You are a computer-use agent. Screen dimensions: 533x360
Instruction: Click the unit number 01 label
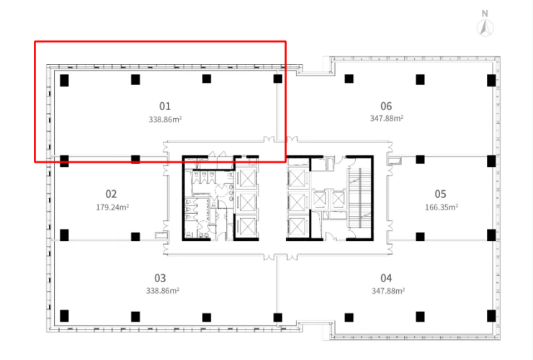[165, 106]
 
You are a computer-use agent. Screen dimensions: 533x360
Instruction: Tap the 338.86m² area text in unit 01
[165, 120]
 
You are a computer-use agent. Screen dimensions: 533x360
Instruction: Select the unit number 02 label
[111, 194]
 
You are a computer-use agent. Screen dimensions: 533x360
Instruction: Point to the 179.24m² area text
[112, 207]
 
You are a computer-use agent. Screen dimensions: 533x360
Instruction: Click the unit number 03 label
[160, 278]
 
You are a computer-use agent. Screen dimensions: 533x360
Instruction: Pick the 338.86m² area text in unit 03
[163, 291]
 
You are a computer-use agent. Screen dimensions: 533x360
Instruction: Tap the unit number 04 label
[386, 278]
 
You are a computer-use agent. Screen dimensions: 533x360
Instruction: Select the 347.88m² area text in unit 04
[388, 291]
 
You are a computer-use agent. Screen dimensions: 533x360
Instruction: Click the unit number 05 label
[441, 194]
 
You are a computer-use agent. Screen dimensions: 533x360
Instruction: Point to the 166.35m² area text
[442, 207]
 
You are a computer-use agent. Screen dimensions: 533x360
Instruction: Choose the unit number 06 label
[386, 106]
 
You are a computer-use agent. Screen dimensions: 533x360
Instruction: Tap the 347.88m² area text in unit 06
[387, 118]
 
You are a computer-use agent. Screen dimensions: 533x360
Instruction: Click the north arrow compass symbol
[485, 28]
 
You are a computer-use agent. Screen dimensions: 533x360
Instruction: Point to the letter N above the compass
[485, 14]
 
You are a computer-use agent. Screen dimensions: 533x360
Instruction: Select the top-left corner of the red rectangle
[35, 42]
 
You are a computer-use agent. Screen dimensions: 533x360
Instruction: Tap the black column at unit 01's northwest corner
[64, 81]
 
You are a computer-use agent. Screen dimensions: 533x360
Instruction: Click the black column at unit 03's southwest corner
[64, 316]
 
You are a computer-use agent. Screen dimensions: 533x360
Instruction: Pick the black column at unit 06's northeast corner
[491, 81]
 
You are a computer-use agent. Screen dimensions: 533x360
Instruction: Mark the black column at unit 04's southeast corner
[491, 316]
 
